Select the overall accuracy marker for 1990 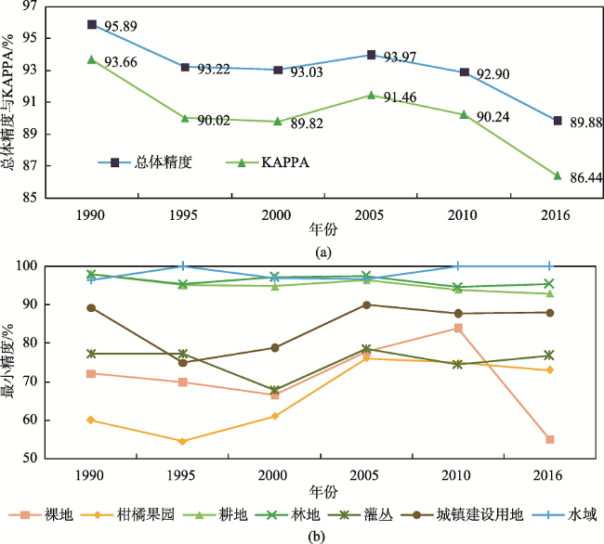click(x=92, y=24)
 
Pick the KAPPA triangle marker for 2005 click(x=372, y=95)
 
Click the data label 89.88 click(x=584, y=121)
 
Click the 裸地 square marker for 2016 click(x=550, y=439)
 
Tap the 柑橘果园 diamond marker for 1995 click(x=182, y=441)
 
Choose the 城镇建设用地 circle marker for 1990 click(x=92, y=308)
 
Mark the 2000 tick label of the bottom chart click(x=274, y=473)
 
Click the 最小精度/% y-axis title click(x=10, y=362)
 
